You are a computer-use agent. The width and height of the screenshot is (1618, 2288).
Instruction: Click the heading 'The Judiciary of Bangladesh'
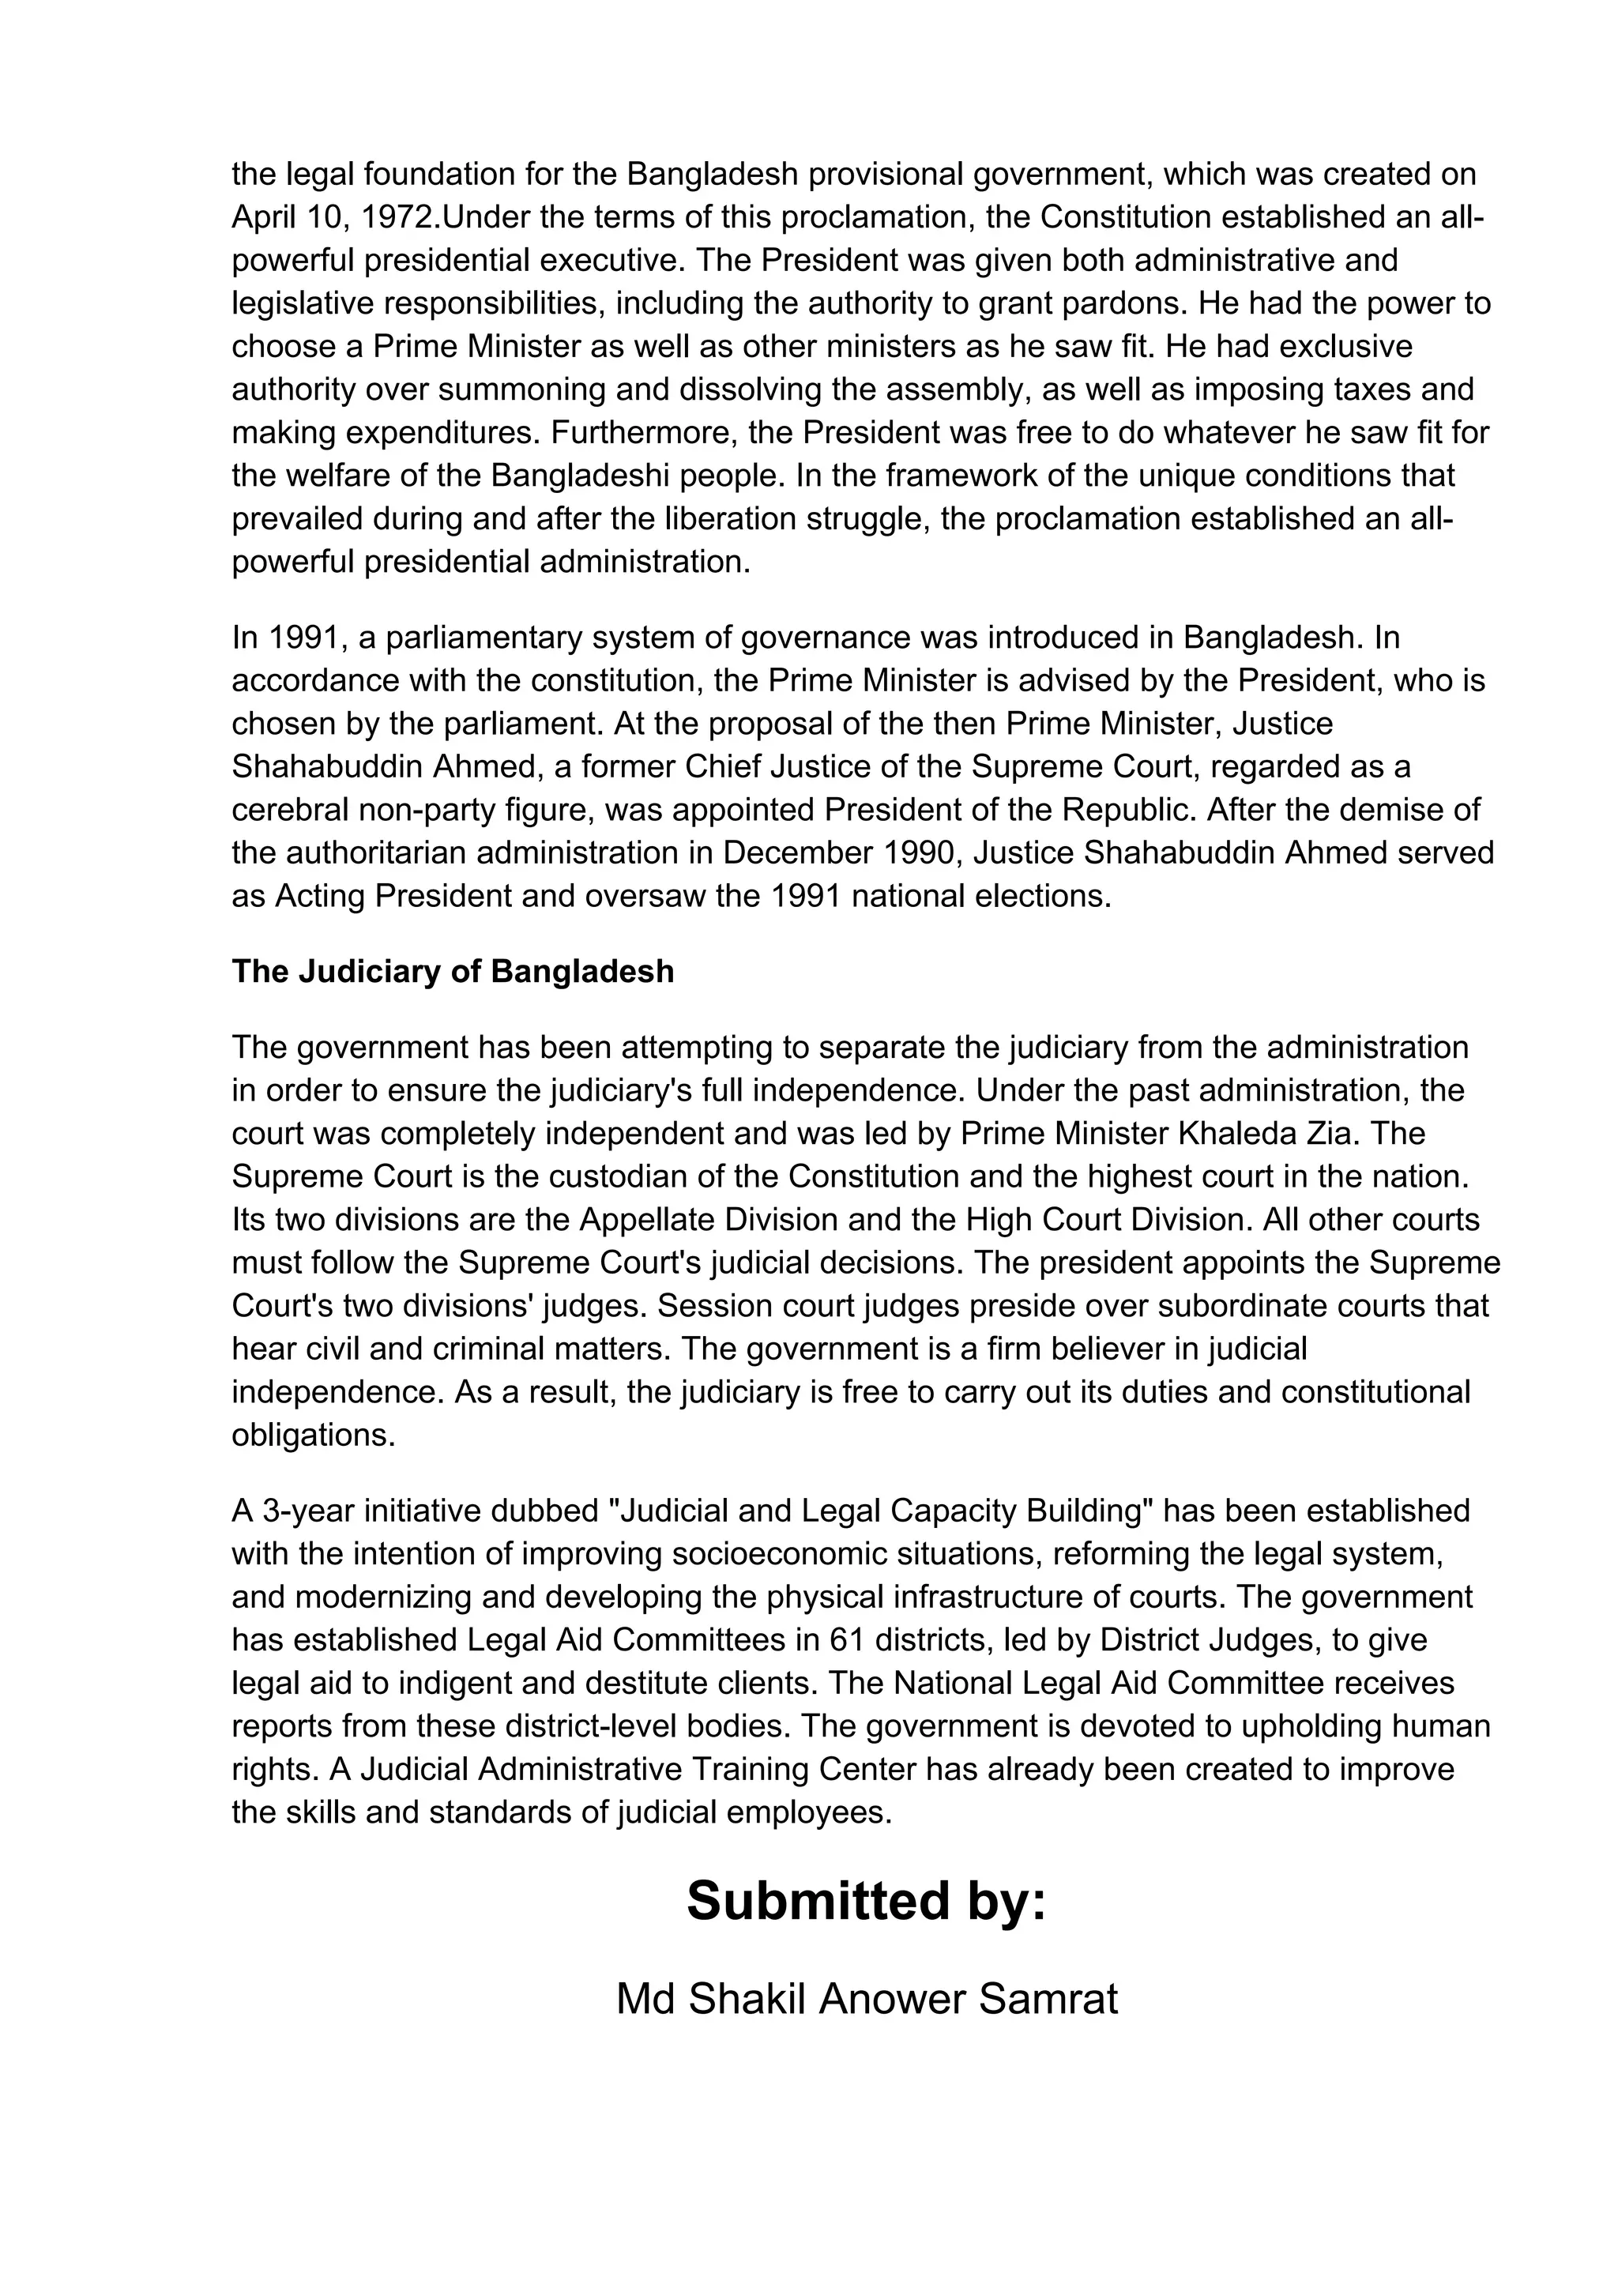tap(453, 972)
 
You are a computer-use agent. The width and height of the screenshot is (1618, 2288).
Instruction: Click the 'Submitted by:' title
tap(866, 1902)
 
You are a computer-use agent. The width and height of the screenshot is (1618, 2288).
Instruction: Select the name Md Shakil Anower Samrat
tap(866, 1999)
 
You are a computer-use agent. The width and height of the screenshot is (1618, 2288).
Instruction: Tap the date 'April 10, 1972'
tap(329, 217)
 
